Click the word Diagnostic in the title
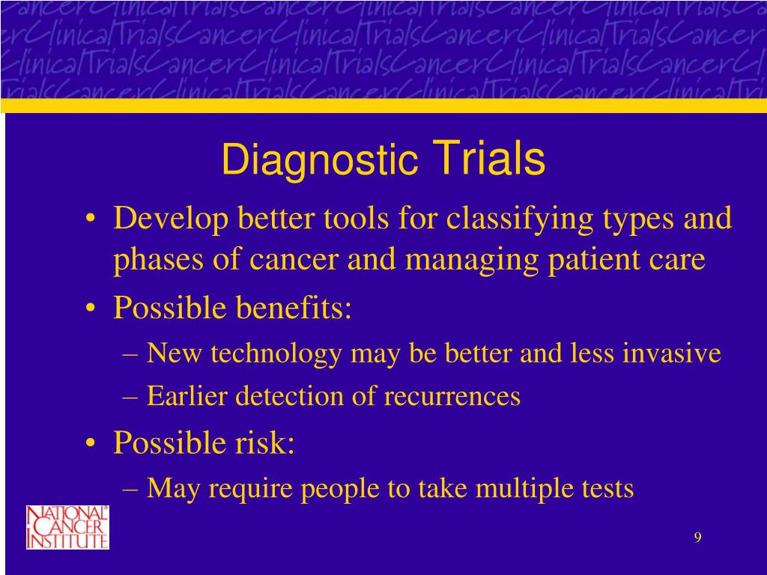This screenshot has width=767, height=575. point(320,161)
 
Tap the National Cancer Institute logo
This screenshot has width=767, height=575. point(67,527)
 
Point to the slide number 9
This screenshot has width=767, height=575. point(697,538)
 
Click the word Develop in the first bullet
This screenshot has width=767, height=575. point(171,219)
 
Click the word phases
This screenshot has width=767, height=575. point(158,260)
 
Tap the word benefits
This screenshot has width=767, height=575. point(294,308)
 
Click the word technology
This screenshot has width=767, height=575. point(276,354)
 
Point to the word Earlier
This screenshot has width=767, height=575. point(187,395)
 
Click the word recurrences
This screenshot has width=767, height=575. point(452,396)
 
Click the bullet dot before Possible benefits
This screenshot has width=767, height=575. point(90,308)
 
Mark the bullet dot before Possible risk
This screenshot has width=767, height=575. point(90,443)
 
